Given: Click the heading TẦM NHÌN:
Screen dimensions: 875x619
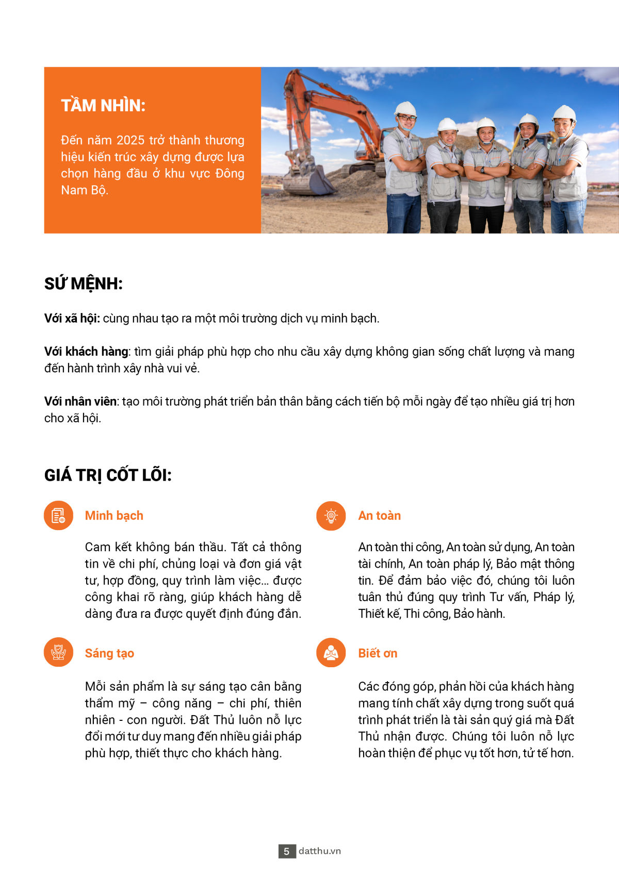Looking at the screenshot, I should (103, 105).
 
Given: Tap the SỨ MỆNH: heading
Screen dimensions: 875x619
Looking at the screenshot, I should (83, 284).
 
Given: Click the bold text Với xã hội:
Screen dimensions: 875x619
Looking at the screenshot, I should (72, 318).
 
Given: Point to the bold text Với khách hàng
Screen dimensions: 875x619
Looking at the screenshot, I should (86, 352).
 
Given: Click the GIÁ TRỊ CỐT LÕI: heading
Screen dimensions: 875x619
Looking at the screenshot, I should (107, 475).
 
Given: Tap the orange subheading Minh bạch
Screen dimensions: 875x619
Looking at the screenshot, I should (114, 516).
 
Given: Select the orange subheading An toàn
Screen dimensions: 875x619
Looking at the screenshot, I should (379, 516).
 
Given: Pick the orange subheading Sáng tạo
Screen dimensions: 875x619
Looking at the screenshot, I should (109, 653).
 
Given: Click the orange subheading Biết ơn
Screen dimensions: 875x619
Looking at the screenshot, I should (378, 653).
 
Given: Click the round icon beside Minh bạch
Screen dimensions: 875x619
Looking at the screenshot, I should (58, 516).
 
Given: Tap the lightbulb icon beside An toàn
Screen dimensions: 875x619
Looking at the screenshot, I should (331, 516).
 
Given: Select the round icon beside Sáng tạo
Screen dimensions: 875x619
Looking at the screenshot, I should (58, 652).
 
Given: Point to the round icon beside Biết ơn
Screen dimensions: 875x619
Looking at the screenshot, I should (331, 653).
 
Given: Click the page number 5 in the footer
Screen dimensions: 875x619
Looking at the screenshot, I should (287, 851).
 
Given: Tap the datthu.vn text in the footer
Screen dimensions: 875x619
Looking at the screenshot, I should (320, 851).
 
